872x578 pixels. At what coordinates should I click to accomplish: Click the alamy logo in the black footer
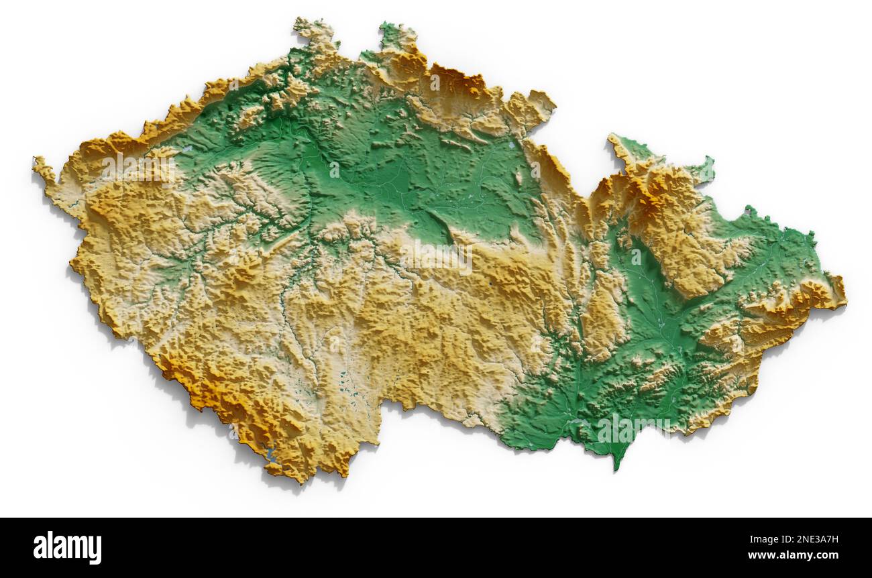click(67, 547)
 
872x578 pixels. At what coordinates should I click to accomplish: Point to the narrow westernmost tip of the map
click(37, 163)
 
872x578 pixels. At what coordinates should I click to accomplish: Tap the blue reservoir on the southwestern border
click(270, 454)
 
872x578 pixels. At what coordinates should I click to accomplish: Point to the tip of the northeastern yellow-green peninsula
click(612, 139)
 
